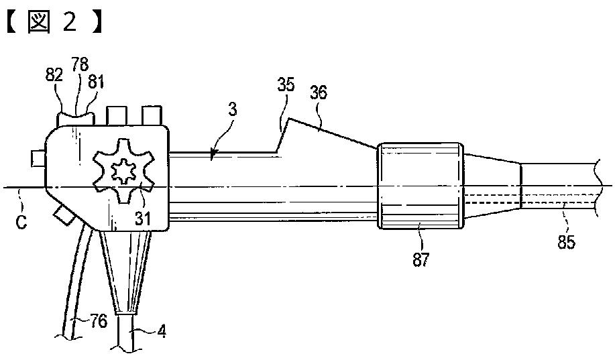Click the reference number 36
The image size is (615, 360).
click(x=318, y=93)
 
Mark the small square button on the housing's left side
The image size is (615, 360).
click(x=38, y=159)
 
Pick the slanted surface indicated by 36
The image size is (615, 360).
click(x=332, y=133)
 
